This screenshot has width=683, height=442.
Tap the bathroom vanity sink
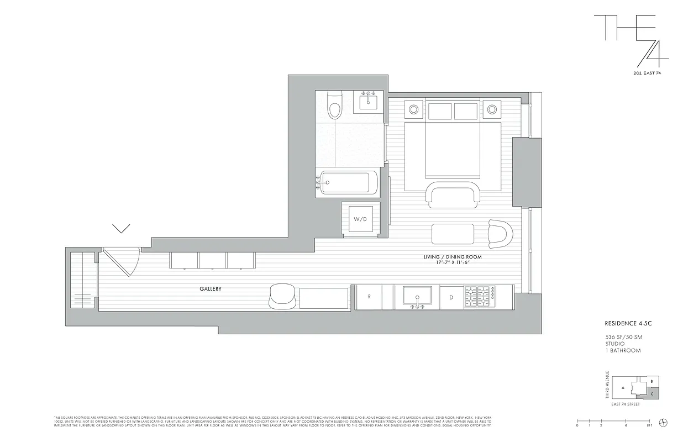click(x=369, y=101)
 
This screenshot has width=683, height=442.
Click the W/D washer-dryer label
click(x=360, y=219)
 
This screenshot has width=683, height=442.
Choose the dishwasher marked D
click(x=451, y=297)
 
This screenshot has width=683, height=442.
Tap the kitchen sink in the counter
click(x=418, y=296)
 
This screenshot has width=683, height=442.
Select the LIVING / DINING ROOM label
click(x=453, y=257)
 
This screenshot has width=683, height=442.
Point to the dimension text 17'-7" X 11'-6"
click(x=453, y=263)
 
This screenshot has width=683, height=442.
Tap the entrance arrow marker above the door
click(x=121, y=228)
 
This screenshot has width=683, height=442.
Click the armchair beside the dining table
click(x=501, y=233)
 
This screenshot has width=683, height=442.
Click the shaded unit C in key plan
click(x=652, y=393)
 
